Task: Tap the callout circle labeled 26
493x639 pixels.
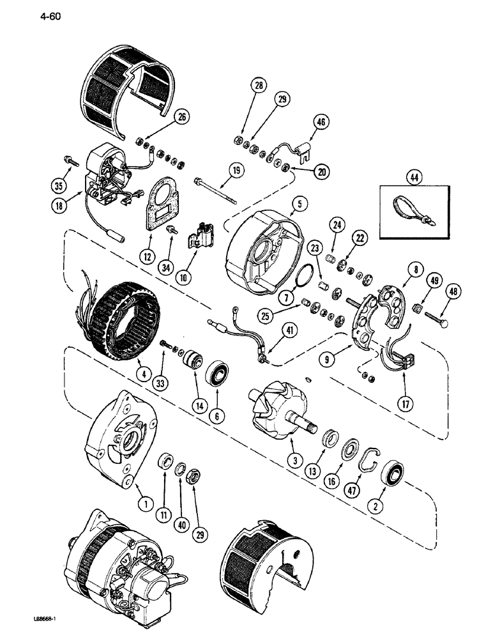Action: click(x=165, y=116)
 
